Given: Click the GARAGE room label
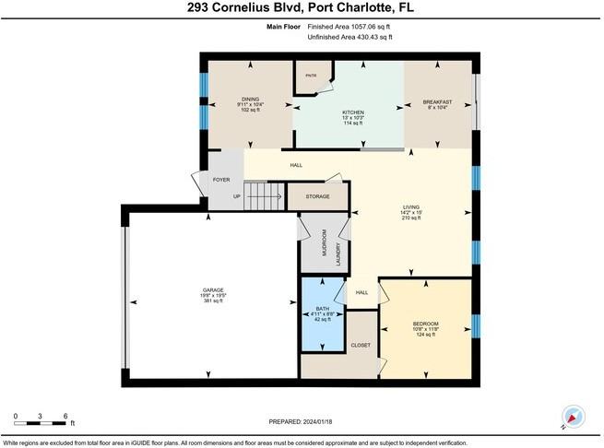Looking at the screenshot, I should coord(213,290).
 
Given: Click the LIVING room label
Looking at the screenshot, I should coord(410,206).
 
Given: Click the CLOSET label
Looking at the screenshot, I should coord(361,345).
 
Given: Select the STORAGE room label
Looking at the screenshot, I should coord(317,196).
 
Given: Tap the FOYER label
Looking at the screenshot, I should coord(221,180).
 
